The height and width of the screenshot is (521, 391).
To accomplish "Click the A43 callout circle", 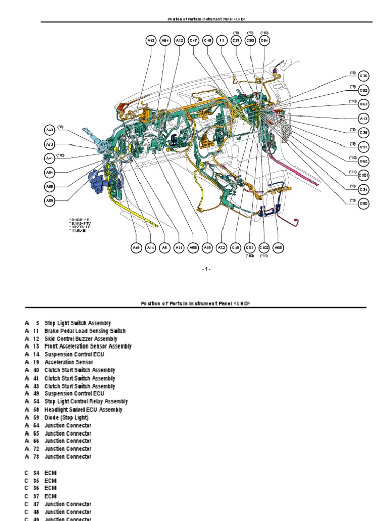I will (x=151, y=40).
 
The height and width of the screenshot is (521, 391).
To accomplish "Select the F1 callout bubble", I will (x=221, y=40).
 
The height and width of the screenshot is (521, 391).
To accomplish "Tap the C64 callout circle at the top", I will (x=264, y=40).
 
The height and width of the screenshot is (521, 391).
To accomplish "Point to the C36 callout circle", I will (x=364, y=76).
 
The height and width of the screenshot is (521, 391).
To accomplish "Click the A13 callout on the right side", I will (x=364, y=119).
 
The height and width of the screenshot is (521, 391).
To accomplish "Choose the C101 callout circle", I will (x=364, y=175).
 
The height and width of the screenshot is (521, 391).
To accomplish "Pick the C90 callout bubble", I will (x=364, y=204).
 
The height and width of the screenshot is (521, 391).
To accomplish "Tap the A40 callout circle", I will (x=49, y=130).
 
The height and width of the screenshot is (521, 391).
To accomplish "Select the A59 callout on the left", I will (x=49, y=201).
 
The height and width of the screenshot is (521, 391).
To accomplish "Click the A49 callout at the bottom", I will (x=136, y=248).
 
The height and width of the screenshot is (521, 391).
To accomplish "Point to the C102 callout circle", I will (x=264, y=248).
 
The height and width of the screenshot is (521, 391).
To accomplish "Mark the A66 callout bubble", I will (x=278, y=248).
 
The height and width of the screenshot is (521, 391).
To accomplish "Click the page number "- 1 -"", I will (x=206, y=269).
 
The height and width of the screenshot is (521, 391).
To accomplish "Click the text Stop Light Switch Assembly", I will (x=78, y=323).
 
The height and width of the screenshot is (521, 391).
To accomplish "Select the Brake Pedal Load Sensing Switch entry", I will (x=85, y=331).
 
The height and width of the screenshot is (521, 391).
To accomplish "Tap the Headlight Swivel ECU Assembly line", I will (x=83, y=410).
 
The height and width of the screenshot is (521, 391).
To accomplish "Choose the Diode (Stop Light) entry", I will (x=66, y=418).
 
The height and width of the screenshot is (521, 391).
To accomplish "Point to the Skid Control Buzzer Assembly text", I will (x=81, y=339).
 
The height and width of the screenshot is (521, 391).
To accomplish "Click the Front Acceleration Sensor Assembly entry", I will (x=88, y=346).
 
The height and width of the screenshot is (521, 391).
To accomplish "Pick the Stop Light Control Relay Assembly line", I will (x=86, y=402).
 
